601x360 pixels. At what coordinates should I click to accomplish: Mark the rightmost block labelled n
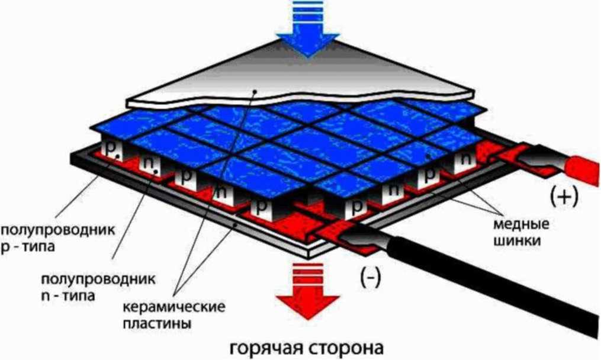pyautogui.click(x=465, y=159)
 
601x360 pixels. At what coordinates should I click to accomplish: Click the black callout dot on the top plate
pyautogui.click(x=253, y=91)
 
